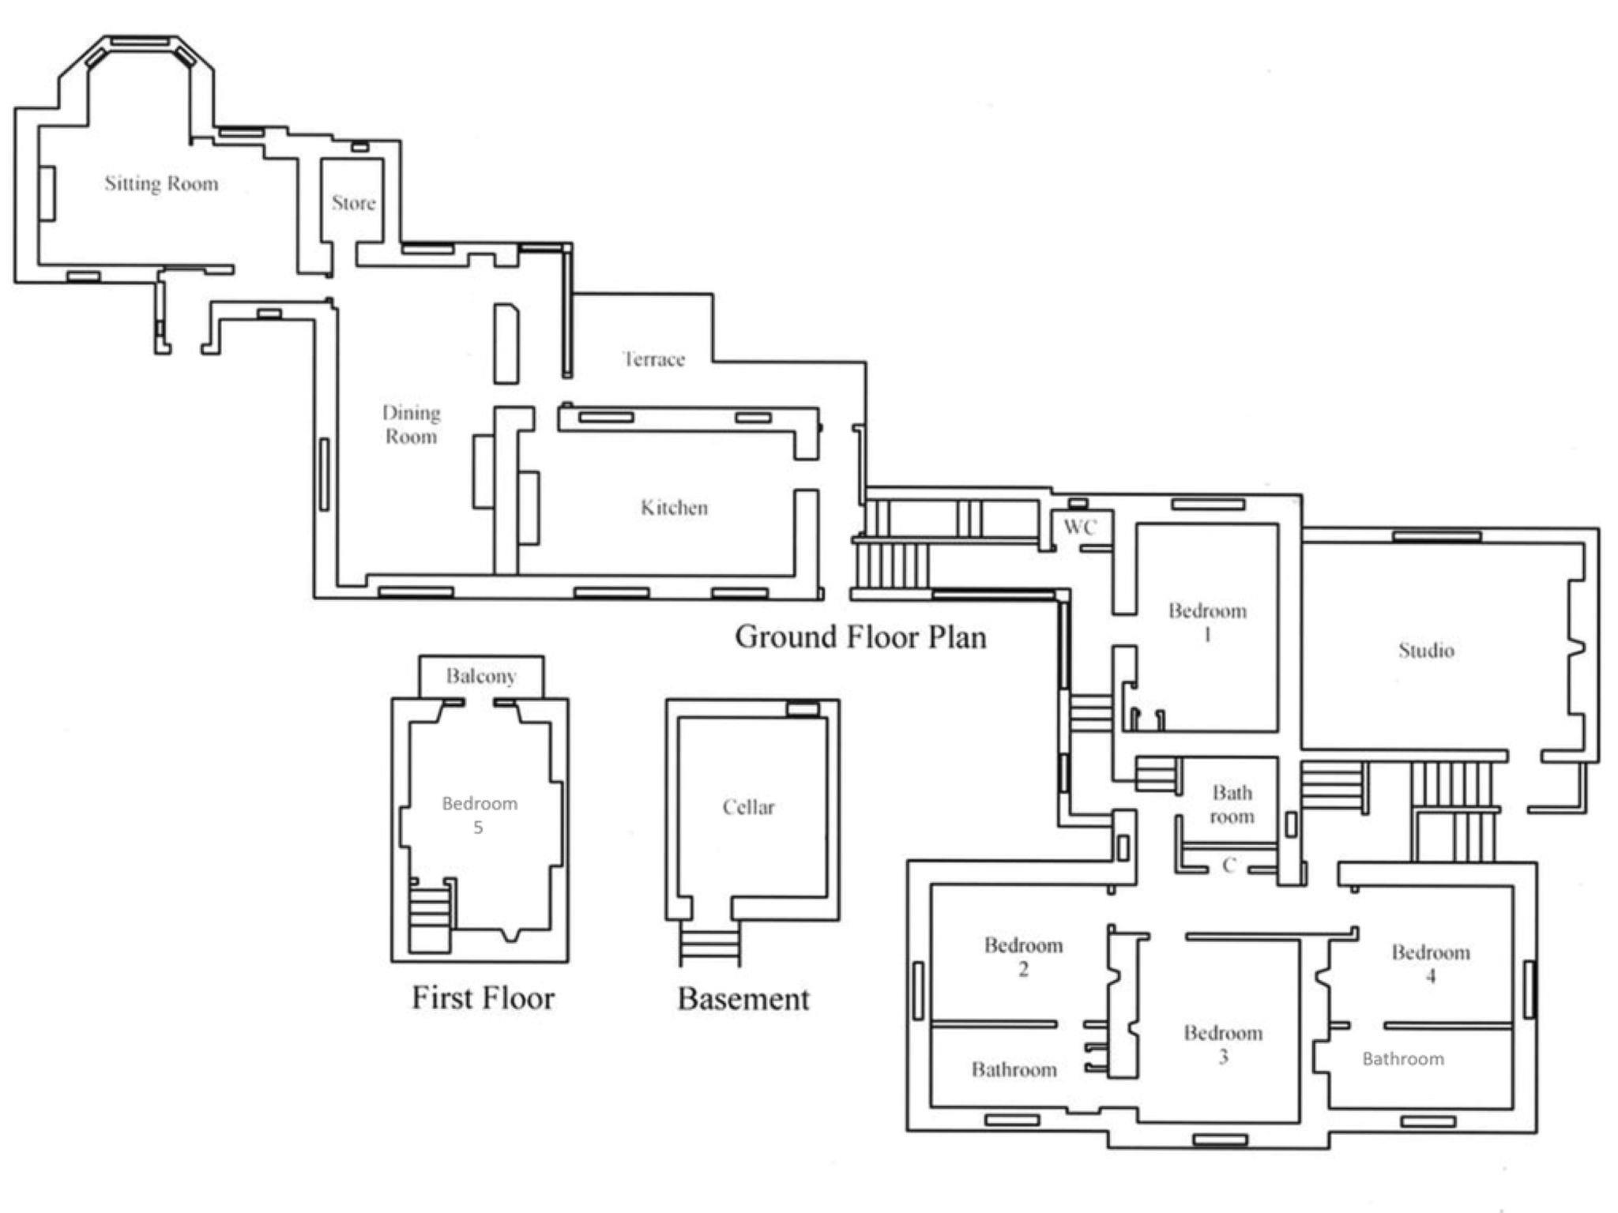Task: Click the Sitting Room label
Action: click(x=161, y=184)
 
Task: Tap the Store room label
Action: click(x=353, y=203)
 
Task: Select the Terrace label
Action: click(x=653, y=359)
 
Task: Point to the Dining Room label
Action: click(x=411, y=425)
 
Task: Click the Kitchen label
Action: click(x=674, y=507)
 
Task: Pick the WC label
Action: click(x=1080, y=527)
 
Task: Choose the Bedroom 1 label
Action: click(x=1207, y=622)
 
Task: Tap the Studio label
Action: click(x=1426, y=650)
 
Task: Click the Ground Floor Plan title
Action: click(x=860, y=637)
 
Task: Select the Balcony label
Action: click(x=481, y=676)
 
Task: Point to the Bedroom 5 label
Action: click(x=480, y=815)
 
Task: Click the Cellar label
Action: click(x=748, y=807)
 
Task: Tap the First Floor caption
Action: click(x=483, y=997)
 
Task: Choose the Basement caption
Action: click(x=743, y=999)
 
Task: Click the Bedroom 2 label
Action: click(x=1023, y=957)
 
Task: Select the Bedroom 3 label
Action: click(x=1223, y=1045)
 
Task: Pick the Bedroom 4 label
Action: click(x=1431, y=963)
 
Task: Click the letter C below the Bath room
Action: click(x=1229, y=866)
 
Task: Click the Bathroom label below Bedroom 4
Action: click(x=1403, y=1059)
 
